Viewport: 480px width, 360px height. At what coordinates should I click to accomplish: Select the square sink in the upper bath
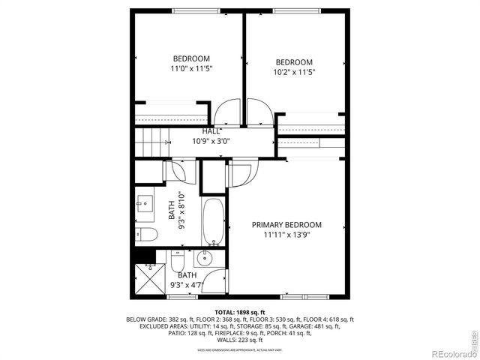click(145, 205)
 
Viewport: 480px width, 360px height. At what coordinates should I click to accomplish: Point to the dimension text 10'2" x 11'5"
click(293, 73)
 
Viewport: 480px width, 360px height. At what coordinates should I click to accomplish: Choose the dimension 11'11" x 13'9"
click(286, 235)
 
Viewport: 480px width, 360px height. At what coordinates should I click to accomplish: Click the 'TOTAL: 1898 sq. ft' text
click(240, 311)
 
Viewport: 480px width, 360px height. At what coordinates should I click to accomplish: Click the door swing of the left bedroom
click(226, 113)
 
